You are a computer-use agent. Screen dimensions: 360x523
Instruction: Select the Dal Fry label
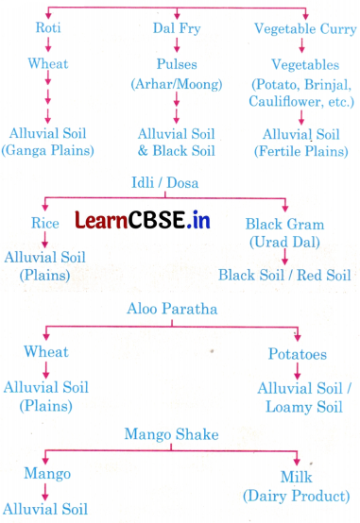175,28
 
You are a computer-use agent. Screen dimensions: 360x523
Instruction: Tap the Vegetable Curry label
304,28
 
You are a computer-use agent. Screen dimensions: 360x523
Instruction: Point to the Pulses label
176,65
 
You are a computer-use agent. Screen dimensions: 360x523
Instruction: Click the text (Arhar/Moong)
176,83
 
